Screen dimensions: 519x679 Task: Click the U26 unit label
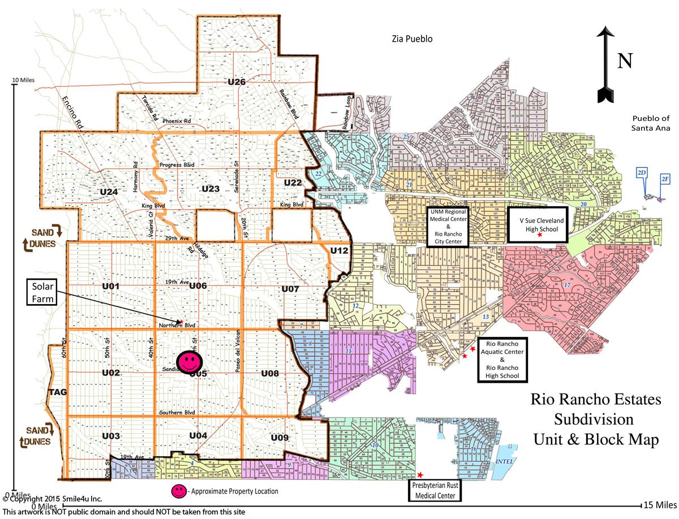(x=237, y=82)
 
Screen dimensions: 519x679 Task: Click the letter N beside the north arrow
(x=624, y=60)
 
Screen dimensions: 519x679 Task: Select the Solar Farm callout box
(x=42, y=291)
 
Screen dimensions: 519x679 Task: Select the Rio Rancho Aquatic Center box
(x=502, y=360)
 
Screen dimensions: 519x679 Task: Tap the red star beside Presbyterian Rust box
(x=420, y=475)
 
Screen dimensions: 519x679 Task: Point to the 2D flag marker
(x=642, y=172)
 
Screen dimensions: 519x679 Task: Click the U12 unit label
(x=339, y=250)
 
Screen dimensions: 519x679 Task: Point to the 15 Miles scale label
(x=658, y=504)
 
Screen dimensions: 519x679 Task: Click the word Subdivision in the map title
(x=594, y=420)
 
